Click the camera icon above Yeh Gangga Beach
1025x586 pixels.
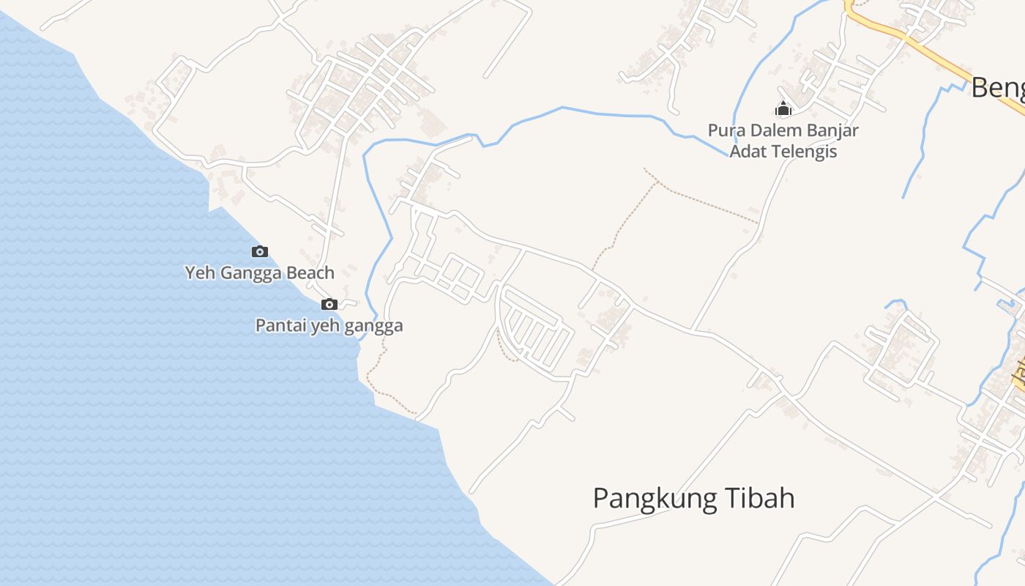point(260,251)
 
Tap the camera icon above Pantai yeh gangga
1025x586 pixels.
point(329,304)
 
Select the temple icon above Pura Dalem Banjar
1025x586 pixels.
point(783,109)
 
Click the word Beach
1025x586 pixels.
point(310,273)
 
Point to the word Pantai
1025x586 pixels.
point(277,325)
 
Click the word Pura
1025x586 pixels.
point(724,131)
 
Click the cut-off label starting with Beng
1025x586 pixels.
point(997,88)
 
